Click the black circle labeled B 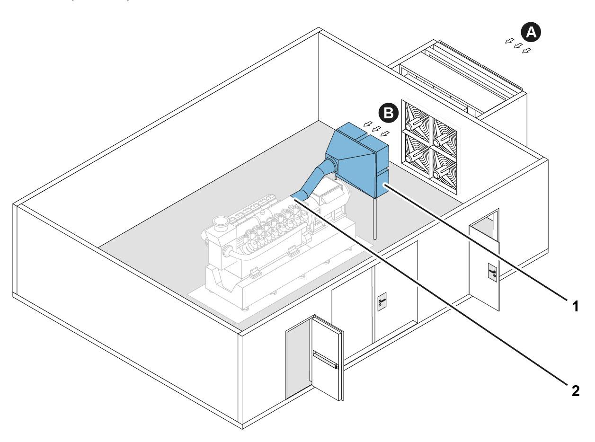[388, 114]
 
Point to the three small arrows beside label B [375, 128]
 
